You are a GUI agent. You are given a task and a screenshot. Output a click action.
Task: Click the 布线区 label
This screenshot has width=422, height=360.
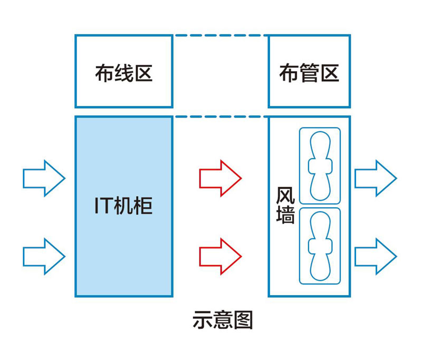pos(124,73)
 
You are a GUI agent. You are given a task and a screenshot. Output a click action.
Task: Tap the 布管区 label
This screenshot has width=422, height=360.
pos(309,73)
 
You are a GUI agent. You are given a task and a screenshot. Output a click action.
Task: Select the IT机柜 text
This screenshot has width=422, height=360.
pos(123,206)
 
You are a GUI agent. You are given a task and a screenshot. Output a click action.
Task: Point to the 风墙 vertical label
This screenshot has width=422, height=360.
pos(285,206)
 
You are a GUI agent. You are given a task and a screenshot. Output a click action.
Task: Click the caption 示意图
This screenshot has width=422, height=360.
pos(223,319)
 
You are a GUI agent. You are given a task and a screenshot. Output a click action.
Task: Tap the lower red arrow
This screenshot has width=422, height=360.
pos(219,256)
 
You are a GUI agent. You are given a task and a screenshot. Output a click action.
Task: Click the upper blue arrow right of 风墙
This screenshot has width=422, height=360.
pos(375,178)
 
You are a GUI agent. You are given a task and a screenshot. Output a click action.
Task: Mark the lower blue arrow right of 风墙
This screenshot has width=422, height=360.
pos(375,256)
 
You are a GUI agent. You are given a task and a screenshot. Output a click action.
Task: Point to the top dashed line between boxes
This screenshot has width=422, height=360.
pos(220,35)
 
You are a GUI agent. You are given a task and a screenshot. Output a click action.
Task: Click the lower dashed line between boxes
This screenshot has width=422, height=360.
pos(220,116)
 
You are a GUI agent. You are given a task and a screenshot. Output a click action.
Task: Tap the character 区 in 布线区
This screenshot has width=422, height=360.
pos(143,73)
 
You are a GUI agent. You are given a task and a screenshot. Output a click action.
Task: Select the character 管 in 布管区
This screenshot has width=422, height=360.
pos(309,73)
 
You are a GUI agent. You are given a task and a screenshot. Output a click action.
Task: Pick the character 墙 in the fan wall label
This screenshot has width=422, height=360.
pos(285,215)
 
